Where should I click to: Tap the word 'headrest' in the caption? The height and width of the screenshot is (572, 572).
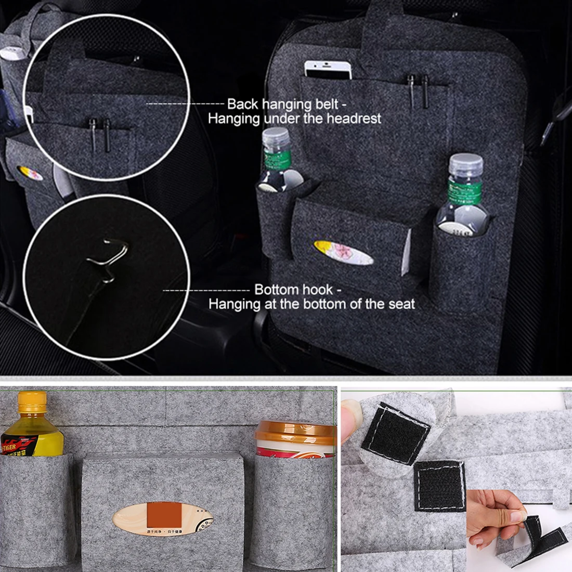tap(354, 119)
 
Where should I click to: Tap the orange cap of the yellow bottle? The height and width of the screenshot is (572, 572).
tap(32, 401)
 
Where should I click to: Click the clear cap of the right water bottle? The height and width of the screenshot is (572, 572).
tap(465, 164)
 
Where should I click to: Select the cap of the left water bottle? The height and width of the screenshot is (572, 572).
tap(275, 138)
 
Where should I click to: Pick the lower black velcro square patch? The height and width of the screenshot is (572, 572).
tap(440, 485)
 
